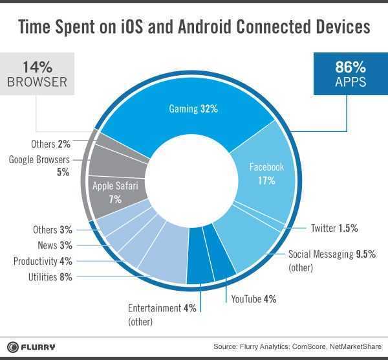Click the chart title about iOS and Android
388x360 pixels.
point(194,27)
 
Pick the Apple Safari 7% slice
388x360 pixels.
point(115,192)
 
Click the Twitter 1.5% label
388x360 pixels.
point(334,228)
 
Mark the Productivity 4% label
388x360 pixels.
point(43,262)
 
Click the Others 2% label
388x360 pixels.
point(50,144)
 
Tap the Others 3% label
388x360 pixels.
point(52,229)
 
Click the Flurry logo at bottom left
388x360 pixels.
point(32,346)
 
